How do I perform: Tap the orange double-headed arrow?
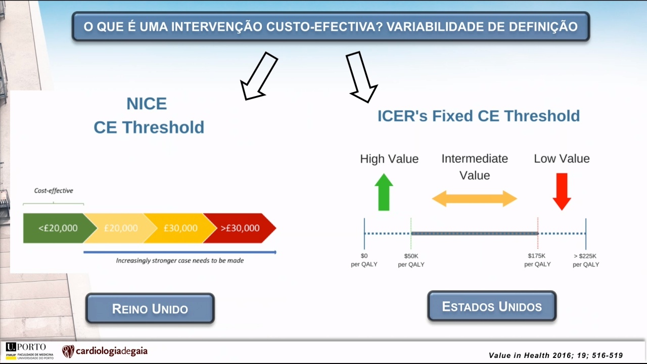(x=474, y=199)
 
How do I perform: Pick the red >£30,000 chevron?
(x=240, y=228)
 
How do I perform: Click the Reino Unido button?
(x=150, y=308)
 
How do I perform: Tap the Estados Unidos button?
(x=492, y=306)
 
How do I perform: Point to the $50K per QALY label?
(x=411, y=260)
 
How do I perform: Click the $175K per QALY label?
(x=537, y=260)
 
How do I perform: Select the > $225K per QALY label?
(x=586, y=260)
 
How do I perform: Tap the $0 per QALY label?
(x=364, y=260)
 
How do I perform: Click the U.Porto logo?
(x=29, y=351)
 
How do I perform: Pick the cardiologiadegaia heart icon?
(x=68, y=351)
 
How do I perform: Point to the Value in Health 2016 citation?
(x=556, y=355)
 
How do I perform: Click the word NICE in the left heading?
(x=147, y=104)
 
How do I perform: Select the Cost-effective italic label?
(x=54, y=191)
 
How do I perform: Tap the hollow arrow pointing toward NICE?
(x=259, y=76)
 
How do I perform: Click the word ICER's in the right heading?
(x=402, y=116)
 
